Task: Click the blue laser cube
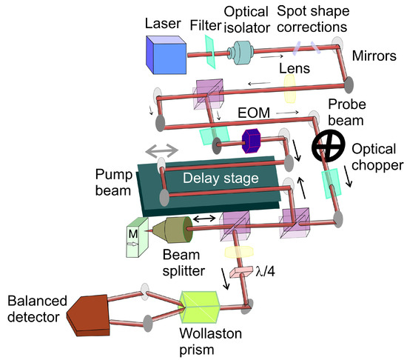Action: point(166,55)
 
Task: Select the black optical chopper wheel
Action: point(329,146)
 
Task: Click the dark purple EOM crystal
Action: point(251,141)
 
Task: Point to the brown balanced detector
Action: point(88,315)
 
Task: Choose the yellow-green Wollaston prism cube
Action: point(199,307)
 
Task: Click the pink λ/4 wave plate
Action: point(241,272)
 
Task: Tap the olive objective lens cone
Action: point(172,230)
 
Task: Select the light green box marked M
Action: point(137,237)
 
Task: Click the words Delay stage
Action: point(221,179)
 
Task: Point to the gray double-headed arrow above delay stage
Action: point(162,150)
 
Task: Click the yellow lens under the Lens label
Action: point(289,89)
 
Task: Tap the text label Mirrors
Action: point(374,56)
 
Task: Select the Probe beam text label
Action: point(347,112)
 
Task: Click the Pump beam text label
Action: point(113,182)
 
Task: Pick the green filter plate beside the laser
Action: point(210,52)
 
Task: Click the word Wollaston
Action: point(210,333)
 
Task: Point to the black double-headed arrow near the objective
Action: point(204,219)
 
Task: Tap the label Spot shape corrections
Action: point(313,19)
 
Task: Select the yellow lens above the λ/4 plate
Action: point(239,252)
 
